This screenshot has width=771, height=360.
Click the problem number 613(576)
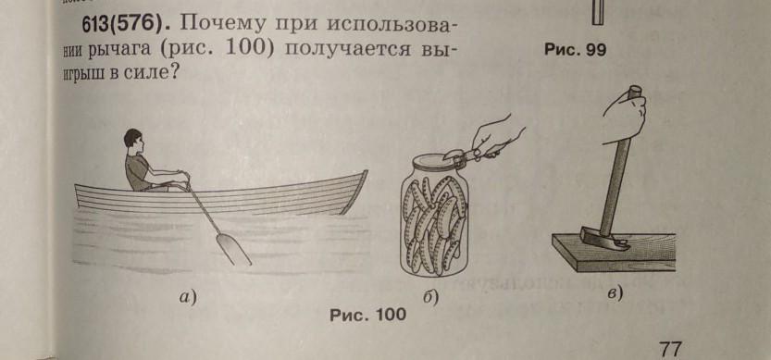tap(122, 25)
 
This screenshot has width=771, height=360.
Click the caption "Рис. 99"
tap(576, 50)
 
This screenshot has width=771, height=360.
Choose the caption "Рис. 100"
tap(368, 315)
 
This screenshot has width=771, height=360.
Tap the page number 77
tap(670, 350)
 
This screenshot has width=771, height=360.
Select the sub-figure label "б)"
tap(430, 298)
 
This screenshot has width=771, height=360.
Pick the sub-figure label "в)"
tap(615, 294)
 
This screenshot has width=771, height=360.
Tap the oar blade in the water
tap(233, 249)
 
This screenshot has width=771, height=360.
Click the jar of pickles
tap(434, 217)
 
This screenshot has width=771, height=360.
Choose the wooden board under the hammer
tap(615, 254)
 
